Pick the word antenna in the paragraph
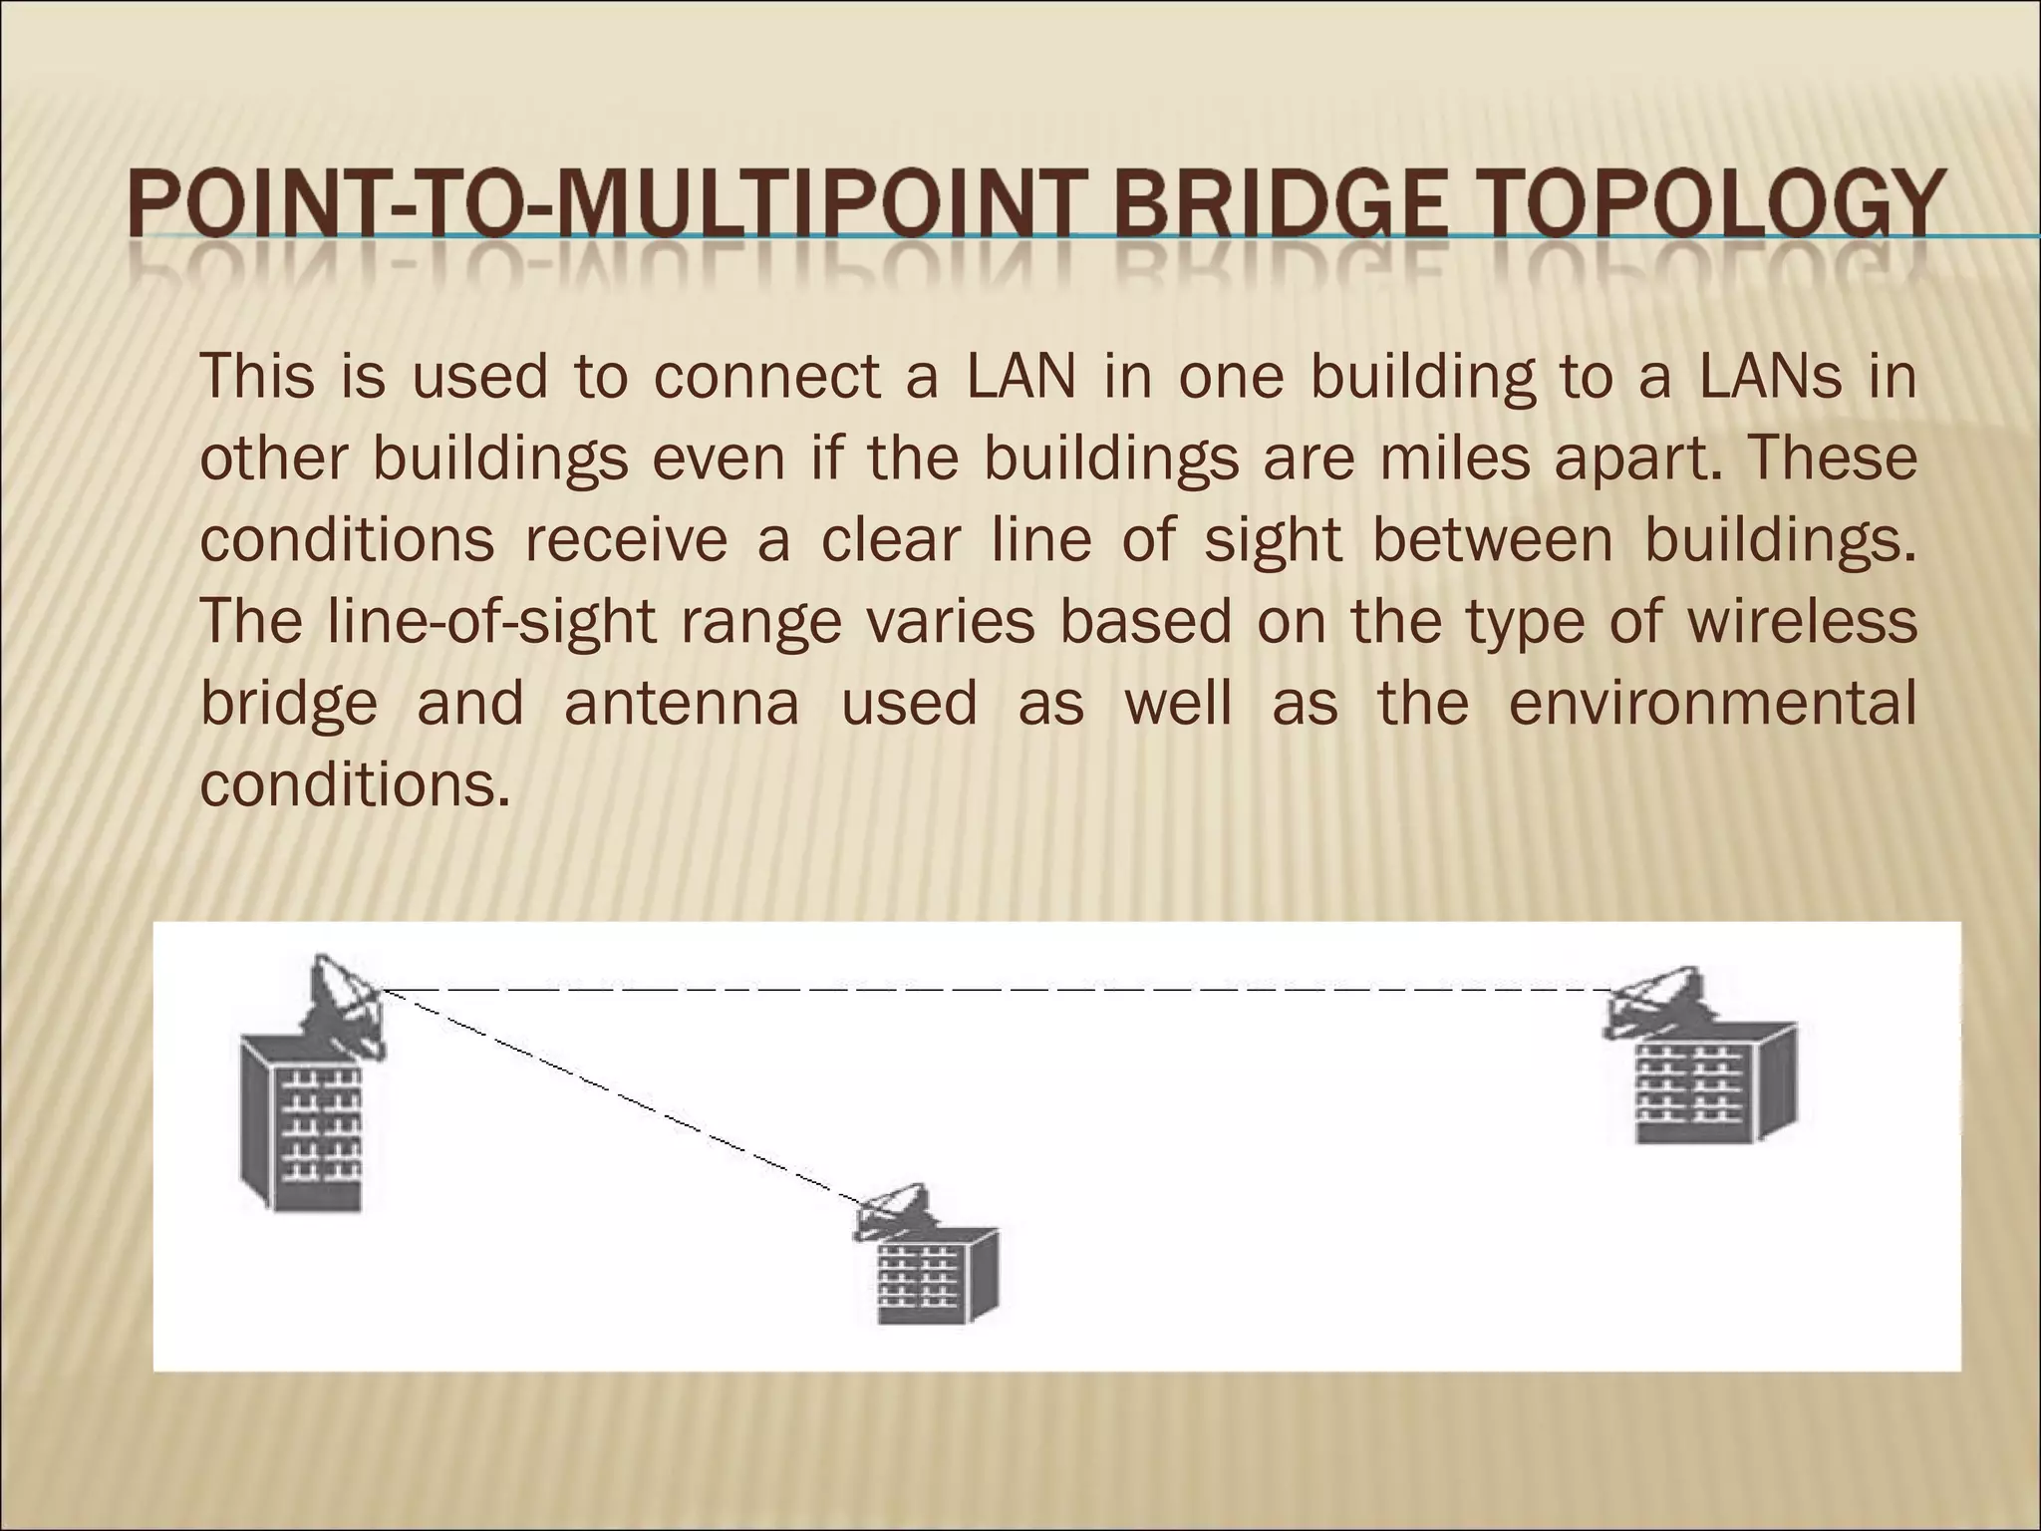pos(682,703)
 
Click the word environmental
pos(1712,703)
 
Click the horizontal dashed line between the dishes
pos(997,990)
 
